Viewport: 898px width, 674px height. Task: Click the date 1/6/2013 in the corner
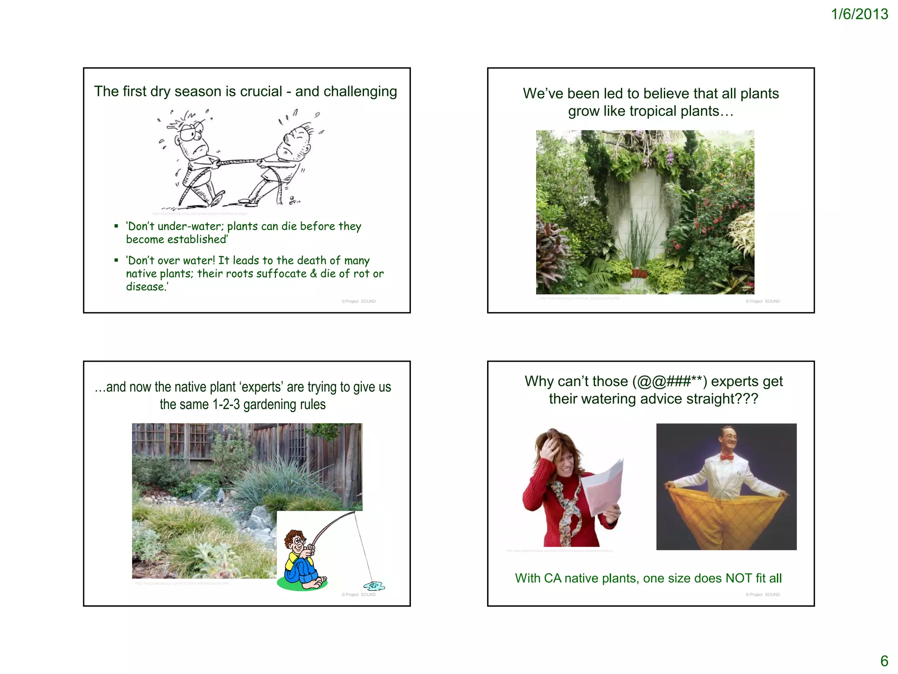tap(859, 14)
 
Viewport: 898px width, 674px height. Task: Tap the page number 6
tap(884, 661)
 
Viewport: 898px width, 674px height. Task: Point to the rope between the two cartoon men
tap(237, 162)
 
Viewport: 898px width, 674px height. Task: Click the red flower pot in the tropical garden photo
tap(639, 273)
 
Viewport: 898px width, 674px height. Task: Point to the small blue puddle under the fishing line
tap(374, 586)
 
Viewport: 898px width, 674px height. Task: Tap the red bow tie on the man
tap(727, 457)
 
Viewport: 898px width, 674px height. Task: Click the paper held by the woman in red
tap(605, 487)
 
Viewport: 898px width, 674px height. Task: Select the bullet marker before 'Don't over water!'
tap(116, 261)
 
